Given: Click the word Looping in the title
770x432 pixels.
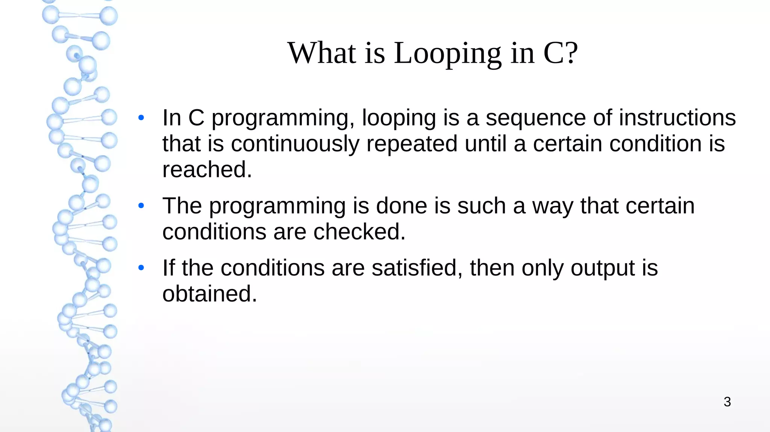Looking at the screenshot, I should click(447, 54).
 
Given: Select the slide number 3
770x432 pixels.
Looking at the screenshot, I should click(727, 402).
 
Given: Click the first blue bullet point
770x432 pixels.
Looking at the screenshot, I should click(141, 118).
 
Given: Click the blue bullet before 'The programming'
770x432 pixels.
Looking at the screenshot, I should click(141, 206).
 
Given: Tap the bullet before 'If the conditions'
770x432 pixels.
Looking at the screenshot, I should click(141, 268).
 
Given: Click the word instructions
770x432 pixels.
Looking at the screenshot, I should click(677, 118).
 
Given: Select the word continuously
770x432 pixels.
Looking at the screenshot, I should click(295, 144).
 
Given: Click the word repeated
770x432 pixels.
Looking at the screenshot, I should click(412, 144).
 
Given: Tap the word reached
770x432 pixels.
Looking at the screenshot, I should click(207, 170).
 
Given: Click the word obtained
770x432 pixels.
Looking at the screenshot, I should click(209, 294).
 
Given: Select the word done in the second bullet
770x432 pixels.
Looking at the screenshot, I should click(401, 206).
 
